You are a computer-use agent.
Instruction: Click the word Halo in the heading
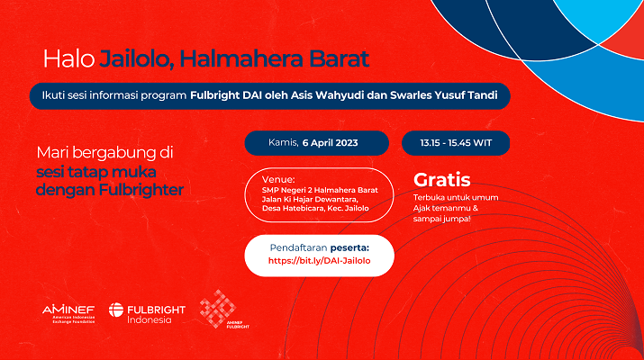coord(69,58)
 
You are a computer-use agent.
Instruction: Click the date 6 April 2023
coord(331,143)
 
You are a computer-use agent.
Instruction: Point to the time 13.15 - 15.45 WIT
coord(456,143)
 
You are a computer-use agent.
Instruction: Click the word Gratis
coord(442,180)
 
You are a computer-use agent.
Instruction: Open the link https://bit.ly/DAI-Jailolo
coord(319,261)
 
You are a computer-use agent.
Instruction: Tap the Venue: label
coord(278,179)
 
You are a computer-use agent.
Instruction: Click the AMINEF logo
coord(68,314)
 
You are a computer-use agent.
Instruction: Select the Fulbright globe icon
coord(116,310)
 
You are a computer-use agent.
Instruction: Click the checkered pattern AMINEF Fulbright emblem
coord(218,309)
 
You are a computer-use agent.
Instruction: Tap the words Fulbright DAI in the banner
coord(224,95)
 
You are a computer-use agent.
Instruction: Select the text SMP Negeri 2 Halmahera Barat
coord(320,190)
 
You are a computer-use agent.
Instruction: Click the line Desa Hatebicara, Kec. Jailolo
coord(315,208)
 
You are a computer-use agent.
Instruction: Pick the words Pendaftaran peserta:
coord(320,247)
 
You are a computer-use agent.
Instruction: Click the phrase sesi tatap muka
coord(96,172)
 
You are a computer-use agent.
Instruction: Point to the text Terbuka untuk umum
coord(456,197)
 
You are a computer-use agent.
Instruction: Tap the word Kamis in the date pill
coord(283,142)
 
